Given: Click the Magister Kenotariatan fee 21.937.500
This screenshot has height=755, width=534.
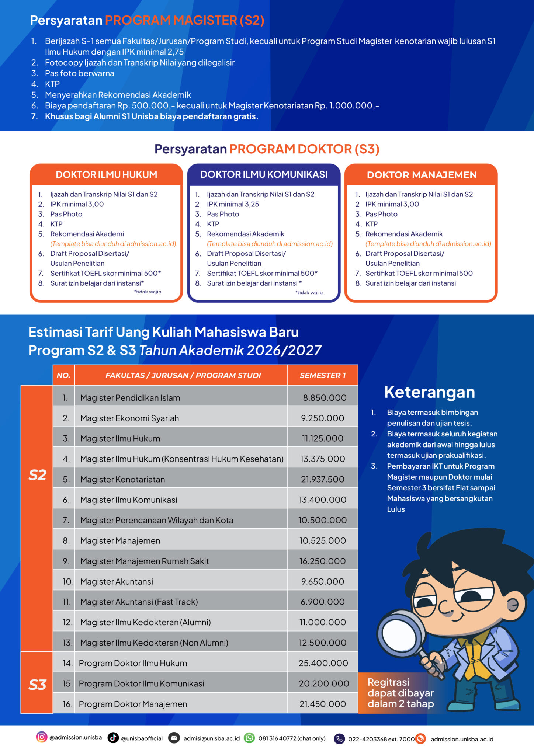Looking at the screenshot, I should click(322, 479).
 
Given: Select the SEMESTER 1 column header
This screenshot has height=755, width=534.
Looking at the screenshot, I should click(323, 375).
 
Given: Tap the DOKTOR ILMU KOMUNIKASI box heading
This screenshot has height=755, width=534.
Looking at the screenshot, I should click(264, 174).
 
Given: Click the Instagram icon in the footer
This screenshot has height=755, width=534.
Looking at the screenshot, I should click(42, 737).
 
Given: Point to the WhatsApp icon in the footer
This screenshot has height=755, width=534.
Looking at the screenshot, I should click(250, 738).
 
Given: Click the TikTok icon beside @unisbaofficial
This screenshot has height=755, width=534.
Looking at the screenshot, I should click(113, 738).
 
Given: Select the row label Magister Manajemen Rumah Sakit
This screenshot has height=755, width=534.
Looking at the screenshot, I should click(145, 561).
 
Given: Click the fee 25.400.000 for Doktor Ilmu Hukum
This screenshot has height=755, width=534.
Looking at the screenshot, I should click(323, 663).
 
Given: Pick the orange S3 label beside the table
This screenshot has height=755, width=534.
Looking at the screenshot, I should click(37, 685).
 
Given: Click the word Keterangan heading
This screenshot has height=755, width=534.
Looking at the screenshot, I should click(429, 392).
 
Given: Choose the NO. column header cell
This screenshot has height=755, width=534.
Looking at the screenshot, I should click(63, 375).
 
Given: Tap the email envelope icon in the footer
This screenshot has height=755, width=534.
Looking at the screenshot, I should click(174, 738).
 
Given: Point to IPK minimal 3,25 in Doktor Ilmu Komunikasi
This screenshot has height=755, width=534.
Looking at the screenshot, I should click(233, 204).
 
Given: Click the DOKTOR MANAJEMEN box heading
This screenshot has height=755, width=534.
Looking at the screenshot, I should click(422, 175).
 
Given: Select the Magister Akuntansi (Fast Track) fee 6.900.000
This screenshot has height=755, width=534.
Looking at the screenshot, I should click(322, 602).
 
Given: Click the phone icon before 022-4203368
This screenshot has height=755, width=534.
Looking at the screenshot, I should click(339, 738).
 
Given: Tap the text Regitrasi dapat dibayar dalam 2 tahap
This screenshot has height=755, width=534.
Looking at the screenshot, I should click(400, 693).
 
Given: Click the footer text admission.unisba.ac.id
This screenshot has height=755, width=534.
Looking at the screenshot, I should click(462, 739).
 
